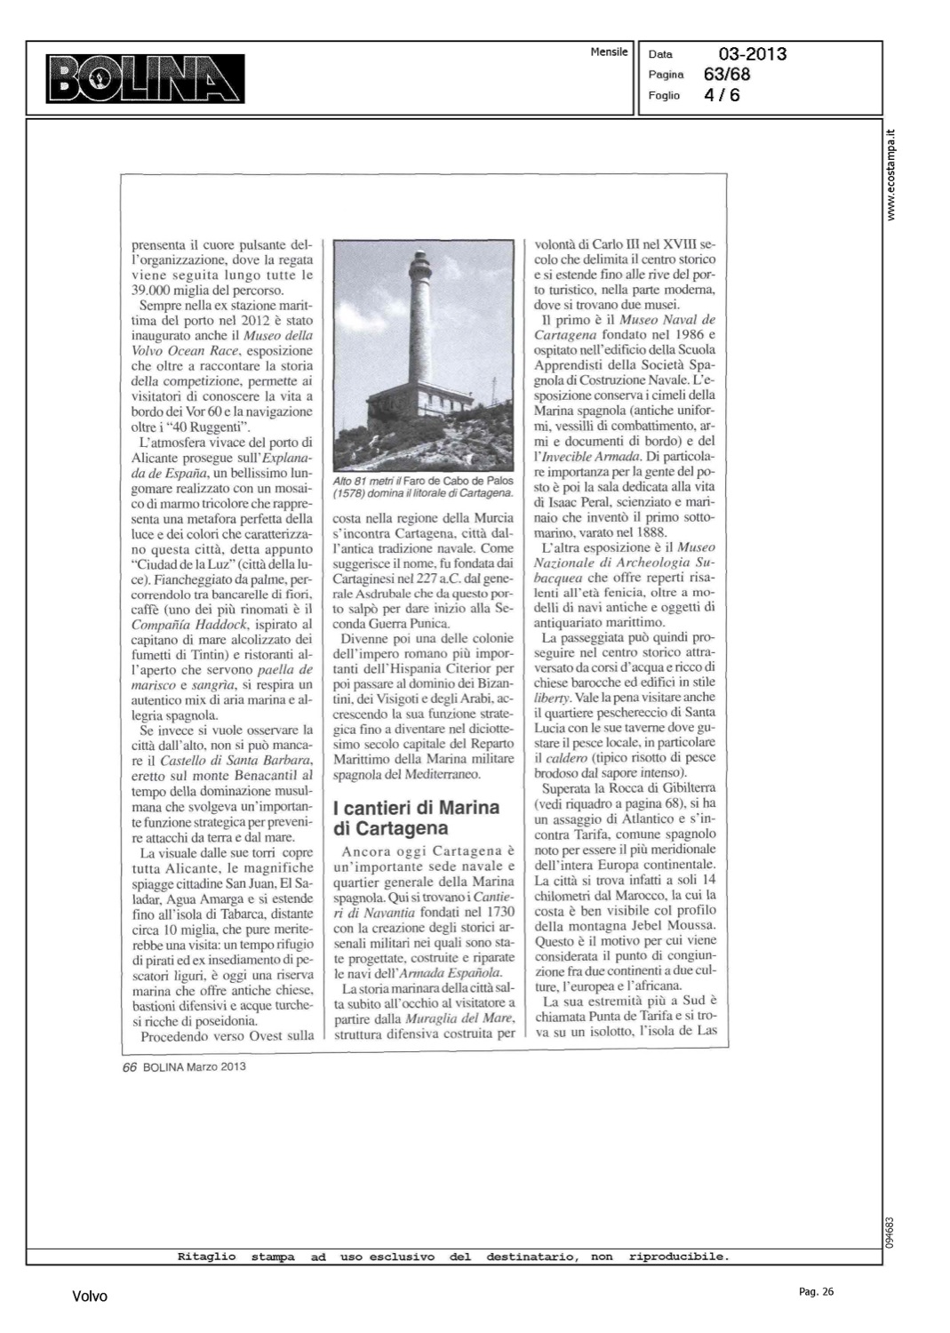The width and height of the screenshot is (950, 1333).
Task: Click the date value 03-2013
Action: point(753,54)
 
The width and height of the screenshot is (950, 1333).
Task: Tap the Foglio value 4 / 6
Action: point(722,94)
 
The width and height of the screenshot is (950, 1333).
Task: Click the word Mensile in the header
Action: point(609,52)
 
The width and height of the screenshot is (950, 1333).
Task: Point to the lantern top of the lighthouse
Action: point(418,260)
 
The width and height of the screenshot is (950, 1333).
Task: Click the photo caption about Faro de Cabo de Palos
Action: point(422,486)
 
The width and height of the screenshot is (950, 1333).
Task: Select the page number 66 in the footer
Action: point(129,1066)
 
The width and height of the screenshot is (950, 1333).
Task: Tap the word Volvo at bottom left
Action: point(90,1297)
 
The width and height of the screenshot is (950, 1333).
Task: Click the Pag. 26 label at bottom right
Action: point(816,1292)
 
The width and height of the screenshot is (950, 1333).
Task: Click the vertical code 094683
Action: point(890,1230)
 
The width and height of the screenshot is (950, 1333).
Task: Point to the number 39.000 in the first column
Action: point(156,290)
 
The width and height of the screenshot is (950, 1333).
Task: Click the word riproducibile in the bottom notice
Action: point(678,1257)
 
